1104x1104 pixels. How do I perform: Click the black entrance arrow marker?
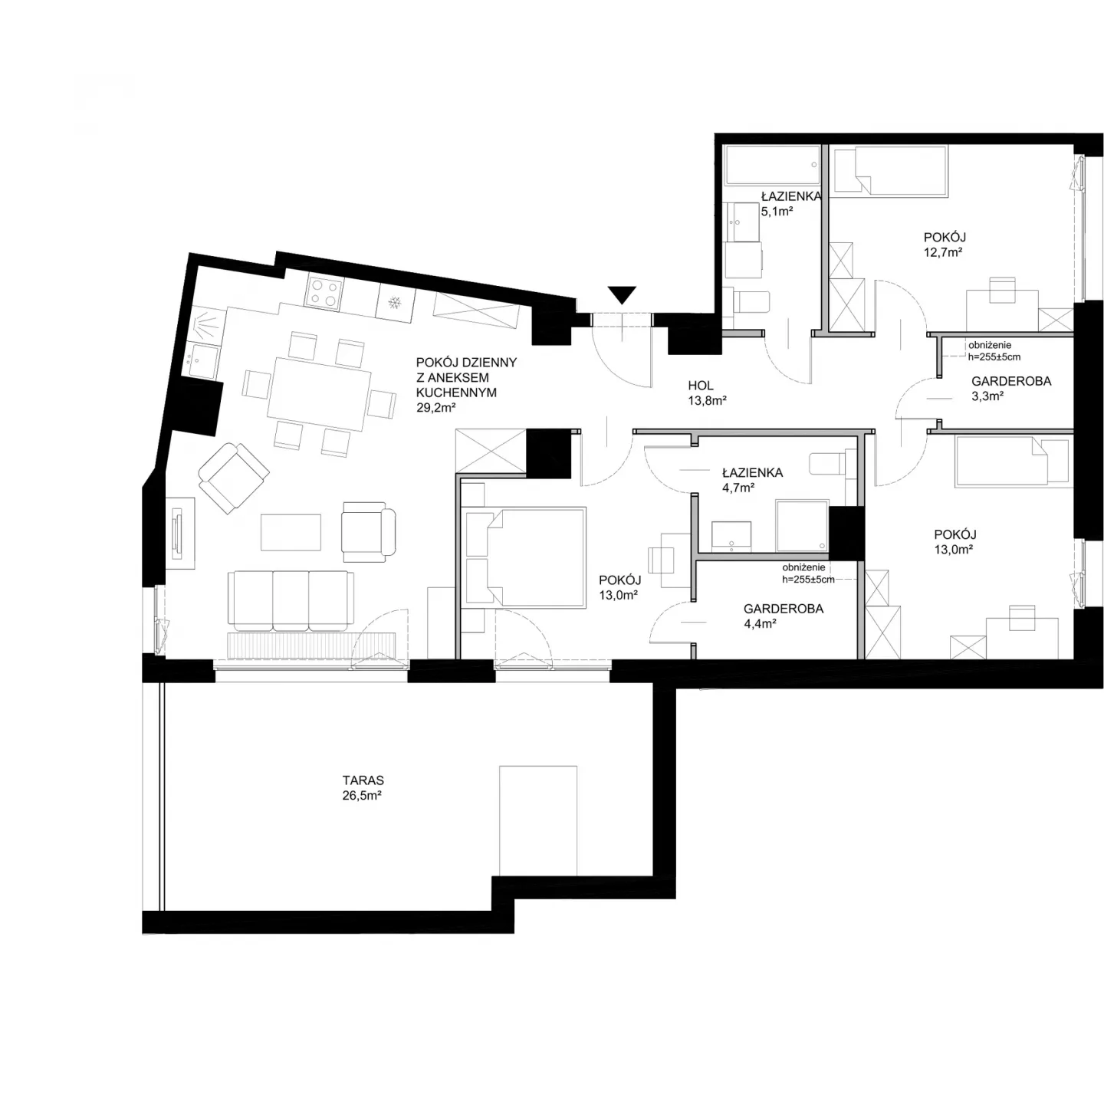click(x=622, y=294)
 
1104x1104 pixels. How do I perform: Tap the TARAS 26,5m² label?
click(x=362, y=788)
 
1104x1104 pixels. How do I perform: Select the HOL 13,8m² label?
click(x=707, y=393)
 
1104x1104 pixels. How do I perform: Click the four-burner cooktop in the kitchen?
click(x=324, y=291)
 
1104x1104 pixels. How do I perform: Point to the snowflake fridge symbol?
click(x=394, y=303)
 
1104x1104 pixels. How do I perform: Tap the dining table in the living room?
click(x=319, y=393)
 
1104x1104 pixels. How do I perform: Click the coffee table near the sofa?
click(x=291, y=532)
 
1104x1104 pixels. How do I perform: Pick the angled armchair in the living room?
click(x=234, y=478)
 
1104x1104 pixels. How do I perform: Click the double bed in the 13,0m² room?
click(x=526, y=557)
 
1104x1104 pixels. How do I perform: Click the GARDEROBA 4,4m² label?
click(x=784, y=616)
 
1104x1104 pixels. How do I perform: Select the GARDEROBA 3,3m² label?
click(x=1011, y=388)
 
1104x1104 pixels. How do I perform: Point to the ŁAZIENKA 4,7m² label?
click(x=752, y=480)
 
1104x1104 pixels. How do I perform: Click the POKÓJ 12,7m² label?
click(x=945, y=245)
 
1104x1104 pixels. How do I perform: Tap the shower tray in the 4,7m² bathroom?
click(x=802, y=525)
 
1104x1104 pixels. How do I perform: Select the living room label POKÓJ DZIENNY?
click(x=466, y=363)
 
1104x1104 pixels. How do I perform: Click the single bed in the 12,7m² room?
click(x=890, y=171)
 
